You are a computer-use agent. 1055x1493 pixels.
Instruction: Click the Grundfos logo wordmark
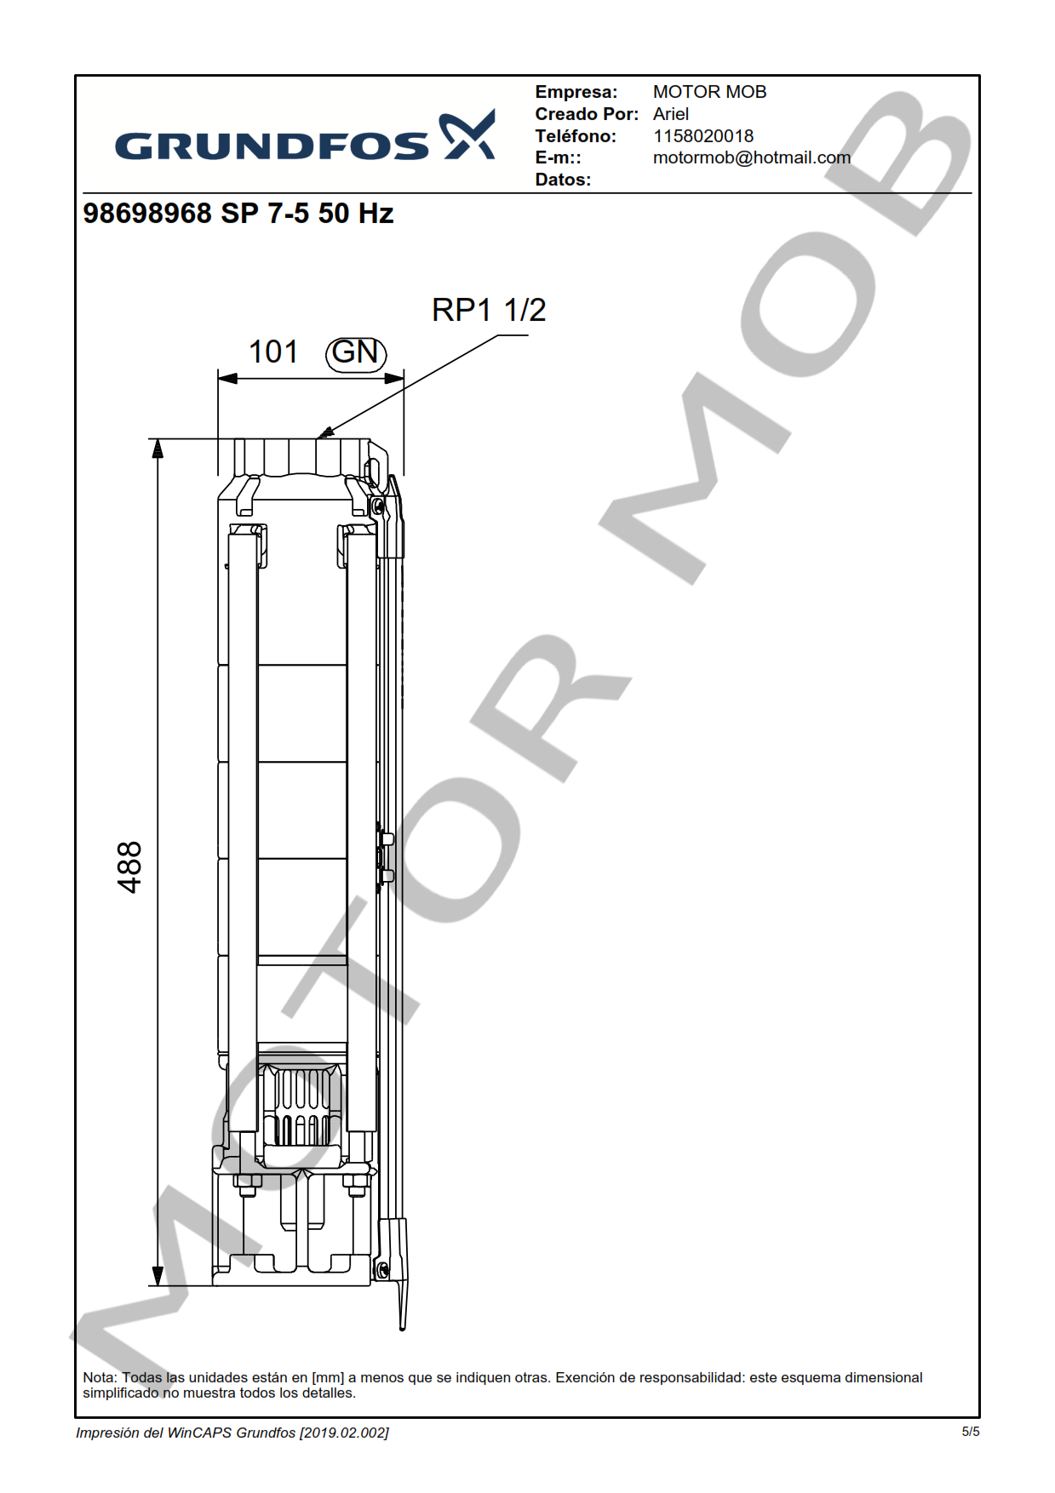[272, 146]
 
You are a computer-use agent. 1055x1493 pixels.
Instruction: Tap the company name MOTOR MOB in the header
[709, 92]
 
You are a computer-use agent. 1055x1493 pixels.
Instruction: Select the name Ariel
[671, 114]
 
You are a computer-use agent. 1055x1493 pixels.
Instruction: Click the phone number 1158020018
[703, 136]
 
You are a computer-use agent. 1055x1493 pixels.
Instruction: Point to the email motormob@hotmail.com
[752, 157]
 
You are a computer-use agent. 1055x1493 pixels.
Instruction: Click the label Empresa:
[576, 92]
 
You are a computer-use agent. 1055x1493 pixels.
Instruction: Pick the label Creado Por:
[587, 114]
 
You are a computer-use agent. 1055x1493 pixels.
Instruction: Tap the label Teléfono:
[576, 136]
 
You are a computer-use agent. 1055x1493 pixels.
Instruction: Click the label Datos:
[563, 180]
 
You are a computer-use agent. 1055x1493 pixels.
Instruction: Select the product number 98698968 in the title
[147, 213]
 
